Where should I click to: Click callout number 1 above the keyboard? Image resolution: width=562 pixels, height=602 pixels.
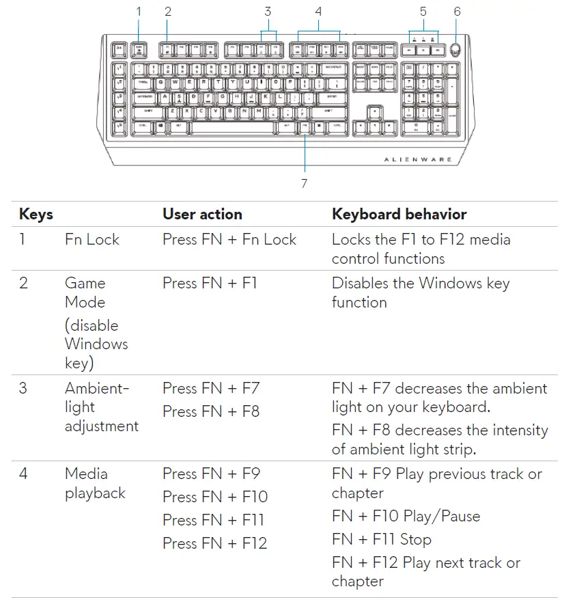(x=139, y=11)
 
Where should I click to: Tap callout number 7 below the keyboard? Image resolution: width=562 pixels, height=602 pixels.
(x=304, y=182)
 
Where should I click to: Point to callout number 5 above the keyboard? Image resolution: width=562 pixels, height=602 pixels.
(x=423, y=11)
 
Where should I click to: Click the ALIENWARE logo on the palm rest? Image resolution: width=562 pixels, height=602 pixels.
(x=418, y=159)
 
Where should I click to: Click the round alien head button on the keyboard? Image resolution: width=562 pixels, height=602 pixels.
(x=457, y=50)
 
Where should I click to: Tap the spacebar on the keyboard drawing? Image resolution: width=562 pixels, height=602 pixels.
(x=232, y=127)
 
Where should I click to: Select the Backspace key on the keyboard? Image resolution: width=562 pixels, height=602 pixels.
(x=333, y=68)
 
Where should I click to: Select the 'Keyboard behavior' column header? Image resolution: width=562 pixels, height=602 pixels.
(x=399, y=214)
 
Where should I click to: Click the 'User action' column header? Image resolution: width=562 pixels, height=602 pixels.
(x=202, y=214)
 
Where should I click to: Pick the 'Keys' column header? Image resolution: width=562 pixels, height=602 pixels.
(x=36, y=214)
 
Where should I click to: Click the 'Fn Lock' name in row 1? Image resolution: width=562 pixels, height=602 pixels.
(x=92, y=239)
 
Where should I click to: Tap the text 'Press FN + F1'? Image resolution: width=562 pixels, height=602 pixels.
(x=210, y=283)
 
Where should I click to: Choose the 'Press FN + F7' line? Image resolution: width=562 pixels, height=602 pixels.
(x=211, y=388)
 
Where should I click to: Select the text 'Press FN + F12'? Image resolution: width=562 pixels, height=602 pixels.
(x=214, y=543)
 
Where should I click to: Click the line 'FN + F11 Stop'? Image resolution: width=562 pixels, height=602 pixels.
(x=381, y=539)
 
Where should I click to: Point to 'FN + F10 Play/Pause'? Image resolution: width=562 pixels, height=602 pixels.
(x=406, y=516)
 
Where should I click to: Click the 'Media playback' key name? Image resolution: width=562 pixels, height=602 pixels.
(x=95, y=483)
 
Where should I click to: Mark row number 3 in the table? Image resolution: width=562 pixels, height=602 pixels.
(x=23, y=388)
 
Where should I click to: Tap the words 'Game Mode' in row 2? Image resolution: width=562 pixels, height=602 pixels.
(x=85, y=292)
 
